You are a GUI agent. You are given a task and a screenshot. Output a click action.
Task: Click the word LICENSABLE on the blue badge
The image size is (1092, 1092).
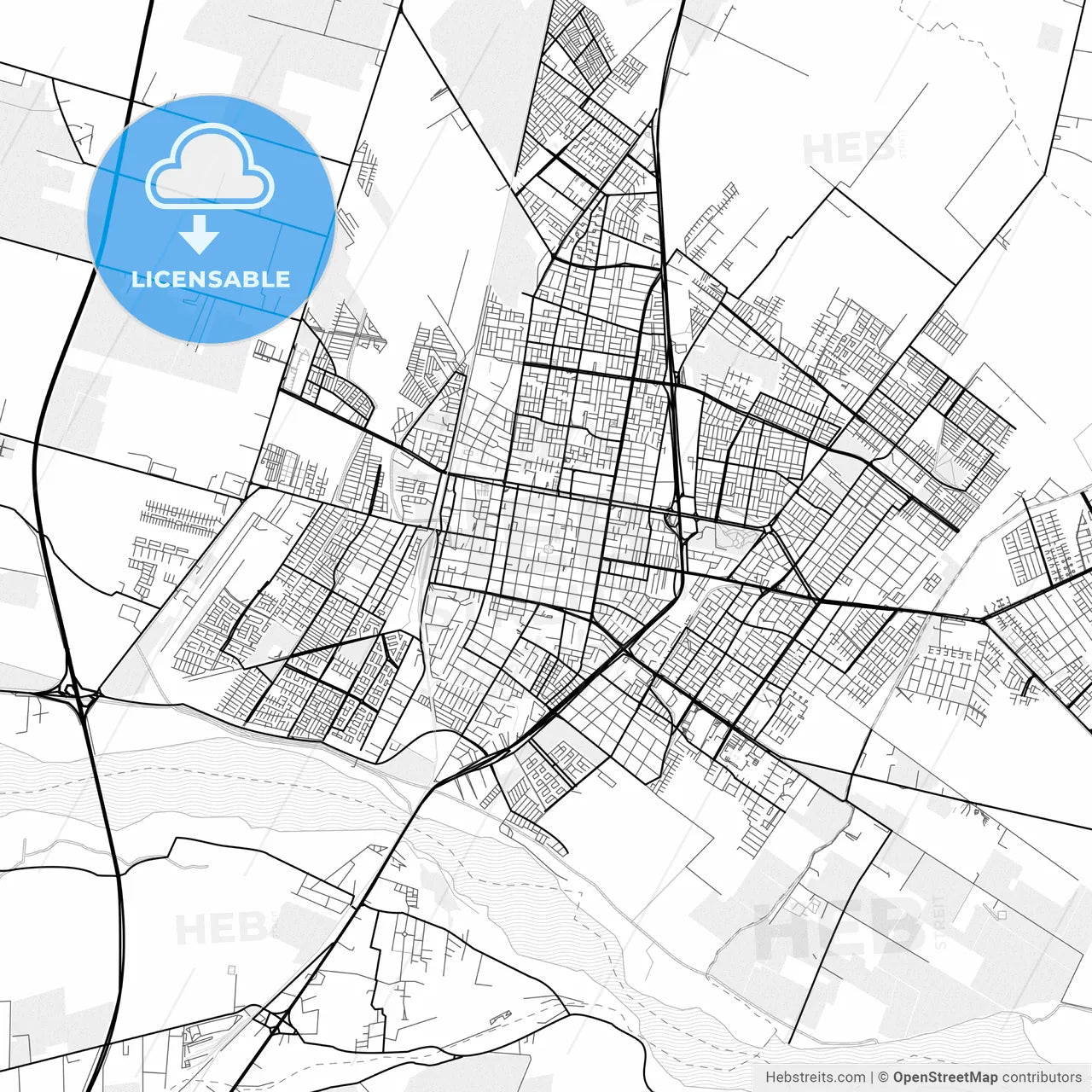[210, 279]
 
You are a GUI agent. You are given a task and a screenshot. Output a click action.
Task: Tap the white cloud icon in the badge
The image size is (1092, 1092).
[210, 166]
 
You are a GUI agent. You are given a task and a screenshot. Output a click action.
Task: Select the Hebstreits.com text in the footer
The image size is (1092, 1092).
[815, 1077]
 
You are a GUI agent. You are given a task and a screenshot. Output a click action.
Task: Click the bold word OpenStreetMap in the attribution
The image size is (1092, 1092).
[944, 1077]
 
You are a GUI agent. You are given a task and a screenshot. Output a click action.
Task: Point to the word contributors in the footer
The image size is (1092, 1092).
[1042, 1077]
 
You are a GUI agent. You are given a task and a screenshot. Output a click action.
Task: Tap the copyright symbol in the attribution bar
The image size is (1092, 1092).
[884, 1077]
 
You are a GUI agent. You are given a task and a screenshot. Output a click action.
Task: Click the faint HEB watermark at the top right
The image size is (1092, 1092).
[849, 149]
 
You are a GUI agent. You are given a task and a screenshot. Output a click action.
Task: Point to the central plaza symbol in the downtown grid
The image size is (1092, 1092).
[547, 549]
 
